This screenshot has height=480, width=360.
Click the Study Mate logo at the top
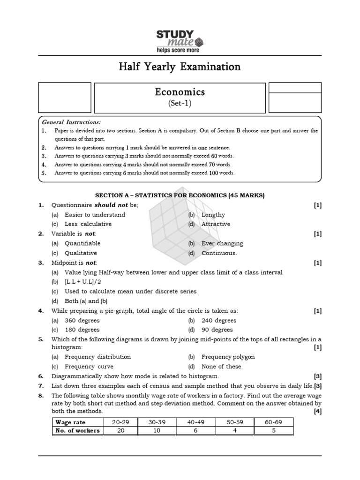pyautogui.click(x=180, y=41)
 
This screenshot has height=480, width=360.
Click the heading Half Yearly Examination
pyautogui.click(x=180, y=67)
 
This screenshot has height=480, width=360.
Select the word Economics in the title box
pyautogui.click(x=180, y=92)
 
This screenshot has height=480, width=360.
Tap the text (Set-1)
pyautogui.click(x=180, y=103)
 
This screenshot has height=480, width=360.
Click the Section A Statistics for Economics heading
pyautogui.click(x=180, y=195)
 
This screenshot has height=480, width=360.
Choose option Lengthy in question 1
pyautogui.click(x=213, y=215)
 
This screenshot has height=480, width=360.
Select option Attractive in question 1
pyautogui.click(x=216, y=224)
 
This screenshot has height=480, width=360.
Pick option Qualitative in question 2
pyautogui.click(x=81, y=253)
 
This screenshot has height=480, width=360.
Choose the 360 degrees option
pyautogui.click(x=82, y=321)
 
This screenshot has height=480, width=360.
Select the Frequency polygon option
pyautogui.click(x=228, y=357)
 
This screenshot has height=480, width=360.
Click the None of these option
pyautogui.click(x=222, y=367)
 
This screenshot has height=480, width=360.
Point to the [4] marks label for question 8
pyautogui.click(x=317, y=411)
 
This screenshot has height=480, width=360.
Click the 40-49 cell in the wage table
pyautogui.click(x=196, y=422)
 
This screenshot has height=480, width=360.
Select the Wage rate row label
pyautogui.click(x=70, y=422)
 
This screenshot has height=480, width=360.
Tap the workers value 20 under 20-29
pyautogui.click(x=120, y=431)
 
